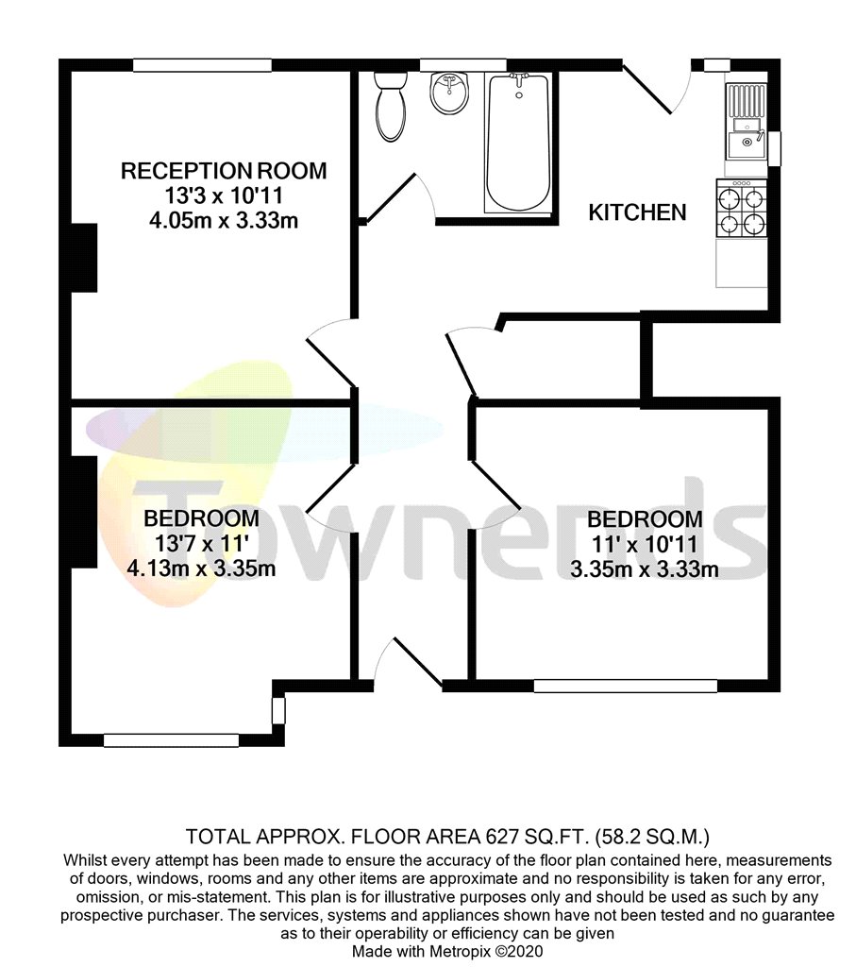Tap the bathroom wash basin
pyautogui.click(x=450, y=93)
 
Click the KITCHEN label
pyautogui.click(x=637, y=212)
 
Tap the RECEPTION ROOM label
pyautogui.click(x=224, y=171)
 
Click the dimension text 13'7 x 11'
pyautogui.click(x=201, y=543)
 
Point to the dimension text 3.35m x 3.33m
pyautogui.click(x=645, y=568)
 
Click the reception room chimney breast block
pyautogui.click(x=85, y=258)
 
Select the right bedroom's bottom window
pyautogui.click(x=625, y=686)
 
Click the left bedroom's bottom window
pyautogui.click(x=171, y=740)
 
